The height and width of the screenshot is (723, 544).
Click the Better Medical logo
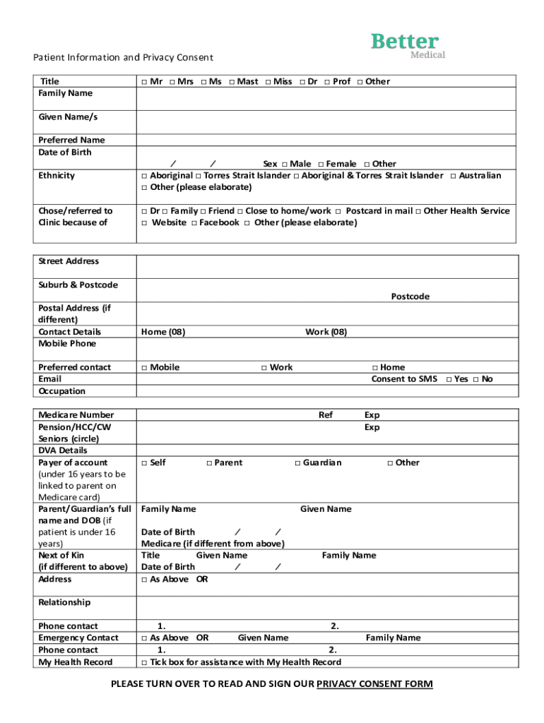tap(408, 44)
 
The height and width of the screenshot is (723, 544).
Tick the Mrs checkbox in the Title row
tap(173, 82)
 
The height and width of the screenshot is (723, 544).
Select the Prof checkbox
tap(328, 82)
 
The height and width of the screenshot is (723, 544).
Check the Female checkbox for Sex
tap(321, 165)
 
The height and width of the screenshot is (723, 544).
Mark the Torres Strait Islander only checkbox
tap(199, 176)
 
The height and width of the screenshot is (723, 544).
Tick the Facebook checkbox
tap(194, 223)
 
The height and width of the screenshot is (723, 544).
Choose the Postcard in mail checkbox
tap(338, 211)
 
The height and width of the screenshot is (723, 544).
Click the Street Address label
tap(69, 261)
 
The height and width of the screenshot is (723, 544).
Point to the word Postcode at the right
tap(410, 297)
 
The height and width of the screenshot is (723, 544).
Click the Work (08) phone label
tap(326, 332)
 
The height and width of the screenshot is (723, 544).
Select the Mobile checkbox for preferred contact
tap(144, 368)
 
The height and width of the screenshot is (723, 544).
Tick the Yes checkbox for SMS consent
tap(449, 380)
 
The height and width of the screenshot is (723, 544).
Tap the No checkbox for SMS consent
tap(476, 380)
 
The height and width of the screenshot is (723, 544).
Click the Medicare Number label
tap(76, 415)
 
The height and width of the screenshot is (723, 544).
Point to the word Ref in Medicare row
tap(325, 415)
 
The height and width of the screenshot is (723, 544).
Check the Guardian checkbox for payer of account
tap(297, 463)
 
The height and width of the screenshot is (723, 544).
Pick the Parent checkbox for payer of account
tap(209, 463)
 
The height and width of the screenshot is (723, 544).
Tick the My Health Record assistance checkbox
tap(144, 663)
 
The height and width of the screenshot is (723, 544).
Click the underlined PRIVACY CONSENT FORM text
tap(374, 683)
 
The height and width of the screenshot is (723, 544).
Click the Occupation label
tap(61, 391)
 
